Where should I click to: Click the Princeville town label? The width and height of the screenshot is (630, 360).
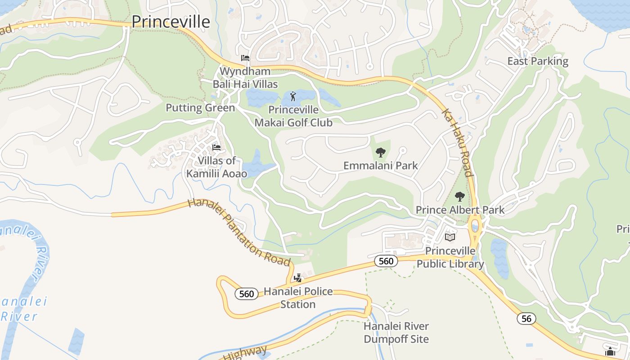tap(171, 22)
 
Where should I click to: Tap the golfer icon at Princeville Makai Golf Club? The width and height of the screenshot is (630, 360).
tap(293, 96)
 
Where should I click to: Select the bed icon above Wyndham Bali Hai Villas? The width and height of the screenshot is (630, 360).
tap(245, 58)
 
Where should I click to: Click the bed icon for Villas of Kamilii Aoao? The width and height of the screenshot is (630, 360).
tap(216, 148)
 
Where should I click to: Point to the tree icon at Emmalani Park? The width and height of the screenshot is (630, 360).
tap(381, 153)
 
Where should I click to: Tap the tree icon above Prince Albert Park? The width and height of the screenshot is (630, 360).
tap(459, 197)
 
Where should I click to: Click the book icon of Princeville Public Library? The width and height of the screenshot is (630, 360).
tap(450, 237)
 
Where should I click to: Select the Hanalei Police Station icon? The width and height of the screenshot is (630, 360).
tap(297, 279)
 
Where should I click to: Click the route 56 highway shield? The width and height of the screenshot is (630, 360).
tap(526, 319)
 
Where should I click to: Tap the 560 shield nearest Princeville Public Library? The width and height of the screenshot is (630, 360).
tap(386, 261)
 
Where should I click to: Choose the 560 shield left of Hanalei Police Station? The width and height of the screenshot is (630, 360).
tap(247, 294)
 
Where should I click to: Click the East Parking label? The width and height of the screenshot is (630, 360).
tap(538, 61)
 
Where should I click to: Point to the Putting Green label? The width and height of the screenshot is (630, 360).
tap(200, 108)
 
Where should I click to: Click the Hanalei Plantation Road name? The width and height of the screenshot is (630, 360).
tap(238, 232)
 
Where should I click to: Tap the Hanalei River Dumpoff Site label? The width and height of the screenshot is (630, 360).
tap(396, 333)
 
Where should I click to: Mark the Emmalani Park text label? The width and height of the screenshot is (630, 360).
tap(381, 166)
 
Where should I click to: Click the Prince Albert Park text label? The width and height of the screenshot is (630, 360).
tap(460, 210)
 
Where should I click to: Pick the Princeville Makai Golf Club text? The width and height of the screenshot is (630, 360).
tap(293, 116)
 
